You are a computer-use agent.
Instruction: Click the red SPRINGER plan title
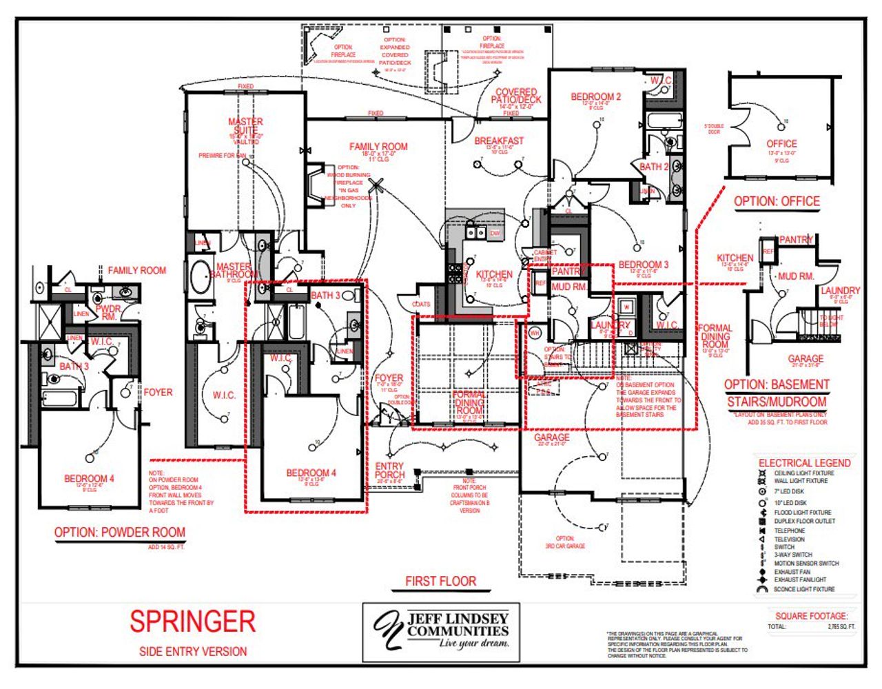[x=192, y=621]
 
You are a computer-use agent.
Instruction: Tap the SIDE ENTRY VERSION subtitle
[x=193, y=651]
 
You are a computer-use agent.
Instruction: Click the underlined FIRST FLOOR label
[x=440, y=582]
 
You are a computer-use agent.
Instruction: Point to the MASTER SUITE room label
[x=245, y=126]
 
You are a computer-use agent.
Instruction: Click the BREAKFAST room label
[x=499, y=141]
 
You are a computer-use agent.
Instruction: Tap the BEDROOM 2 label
[x=595, y=97]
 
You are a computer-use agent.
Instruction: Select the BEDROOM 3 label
[x=643, y=265]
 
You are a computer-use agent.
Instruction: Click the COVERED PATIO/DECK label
[x=516, y=96]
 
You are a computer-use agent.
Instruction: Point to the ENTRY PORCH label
[x=389, y=471]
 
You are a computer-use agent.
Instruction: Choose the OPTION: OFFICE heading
[x=777, y=201]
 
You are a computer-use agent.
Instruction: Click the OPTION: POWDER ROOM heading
[x=120, y=532]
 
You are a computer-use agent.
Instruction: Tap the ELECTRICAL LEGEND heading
[x=804, y=463]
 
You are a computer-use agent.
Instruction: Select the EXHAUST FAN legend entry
[x=792, y=572]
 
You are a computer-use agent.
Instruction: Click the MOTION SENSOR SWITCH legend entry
[x=806, y=564]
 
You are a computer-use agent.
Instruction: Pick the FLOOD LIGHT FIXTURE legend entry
[x=802, y=513]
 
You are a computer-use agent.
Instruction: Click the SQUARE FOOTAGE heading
[x=811, y=616]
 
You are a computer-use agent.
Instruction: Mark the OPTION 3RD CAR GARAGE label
[x=565, y=542]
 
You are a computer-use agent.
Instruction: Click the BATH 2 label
[x=653, y=167]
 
